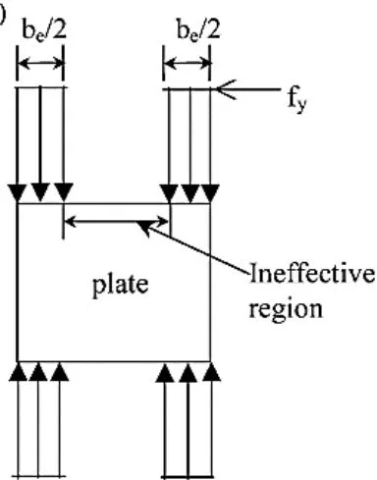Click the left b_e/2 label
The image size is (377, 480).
point(44,30)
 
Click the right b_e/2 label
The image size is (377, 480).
point(198,30)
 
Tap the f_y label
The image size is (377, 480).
point(297,99)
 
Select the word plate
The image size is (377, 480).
point(121,284)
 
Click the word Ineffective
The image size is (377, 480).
point(312,274)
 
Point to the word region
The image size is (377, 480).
point(286,309)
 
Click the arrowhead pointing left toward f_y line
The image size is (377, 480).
point(226,89)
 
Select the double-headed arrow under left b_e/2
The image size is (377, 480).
point(40,63)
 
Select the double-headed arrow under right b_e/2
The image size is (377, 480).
point(187,64)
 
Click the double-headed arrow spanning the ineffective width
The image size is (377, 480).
point(117,222)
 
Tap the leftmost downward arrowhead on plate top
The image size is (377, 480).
point(17,193)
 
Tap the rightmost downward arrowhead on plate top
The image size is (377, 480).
point(210,193)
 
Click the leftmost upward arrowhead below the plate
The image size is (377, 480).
point(18,372)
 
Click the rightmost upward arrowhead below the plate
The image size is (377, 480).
point(211,372)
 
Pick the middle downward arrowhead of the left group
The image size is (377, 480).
point(40,192)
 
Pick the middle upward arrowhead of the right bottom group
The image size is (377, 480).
point(188,373)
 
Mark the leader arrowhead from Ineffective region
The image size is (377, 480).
point(143,228)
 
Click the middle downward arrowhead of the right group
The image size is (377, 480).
point(190,193)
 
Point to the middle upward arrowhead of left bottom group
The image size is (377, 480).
point(38,372)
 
